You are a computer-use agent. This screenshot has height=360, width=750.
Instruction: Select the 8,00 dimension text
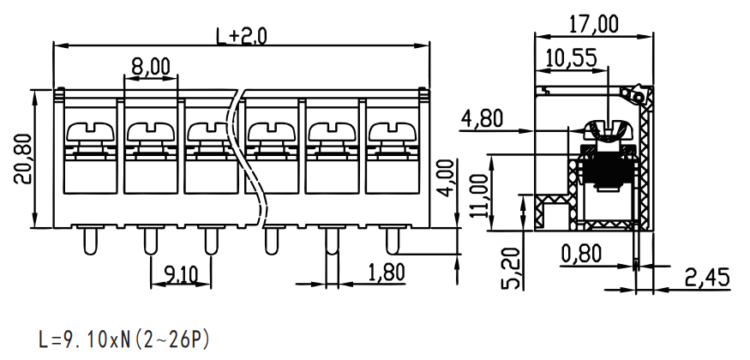pos(151,67)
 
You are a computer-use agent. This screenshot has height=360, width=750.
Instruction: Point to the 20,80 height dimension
pos(23,159)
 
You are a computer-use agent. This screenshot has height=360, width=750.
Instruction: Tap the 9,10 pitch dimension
pos(181,274)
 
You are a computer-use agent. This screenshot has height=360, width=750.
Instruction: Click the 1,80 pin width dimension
pos(387,273)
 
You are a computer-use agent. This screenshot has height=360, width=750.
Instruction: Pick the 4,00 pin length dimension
pos(446,178)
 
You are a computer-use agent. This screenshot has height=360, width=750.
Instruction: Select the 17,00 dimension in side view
pos(594,24)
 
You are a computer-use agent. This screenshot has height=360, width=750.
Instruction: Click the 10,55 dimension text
pos(572,57)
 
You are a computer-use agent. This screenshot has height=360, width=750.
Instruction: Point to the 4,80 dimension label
pos(482,118)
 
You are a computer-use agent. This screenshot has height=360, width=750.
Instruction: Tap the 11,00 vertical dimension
pos(479,195)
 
